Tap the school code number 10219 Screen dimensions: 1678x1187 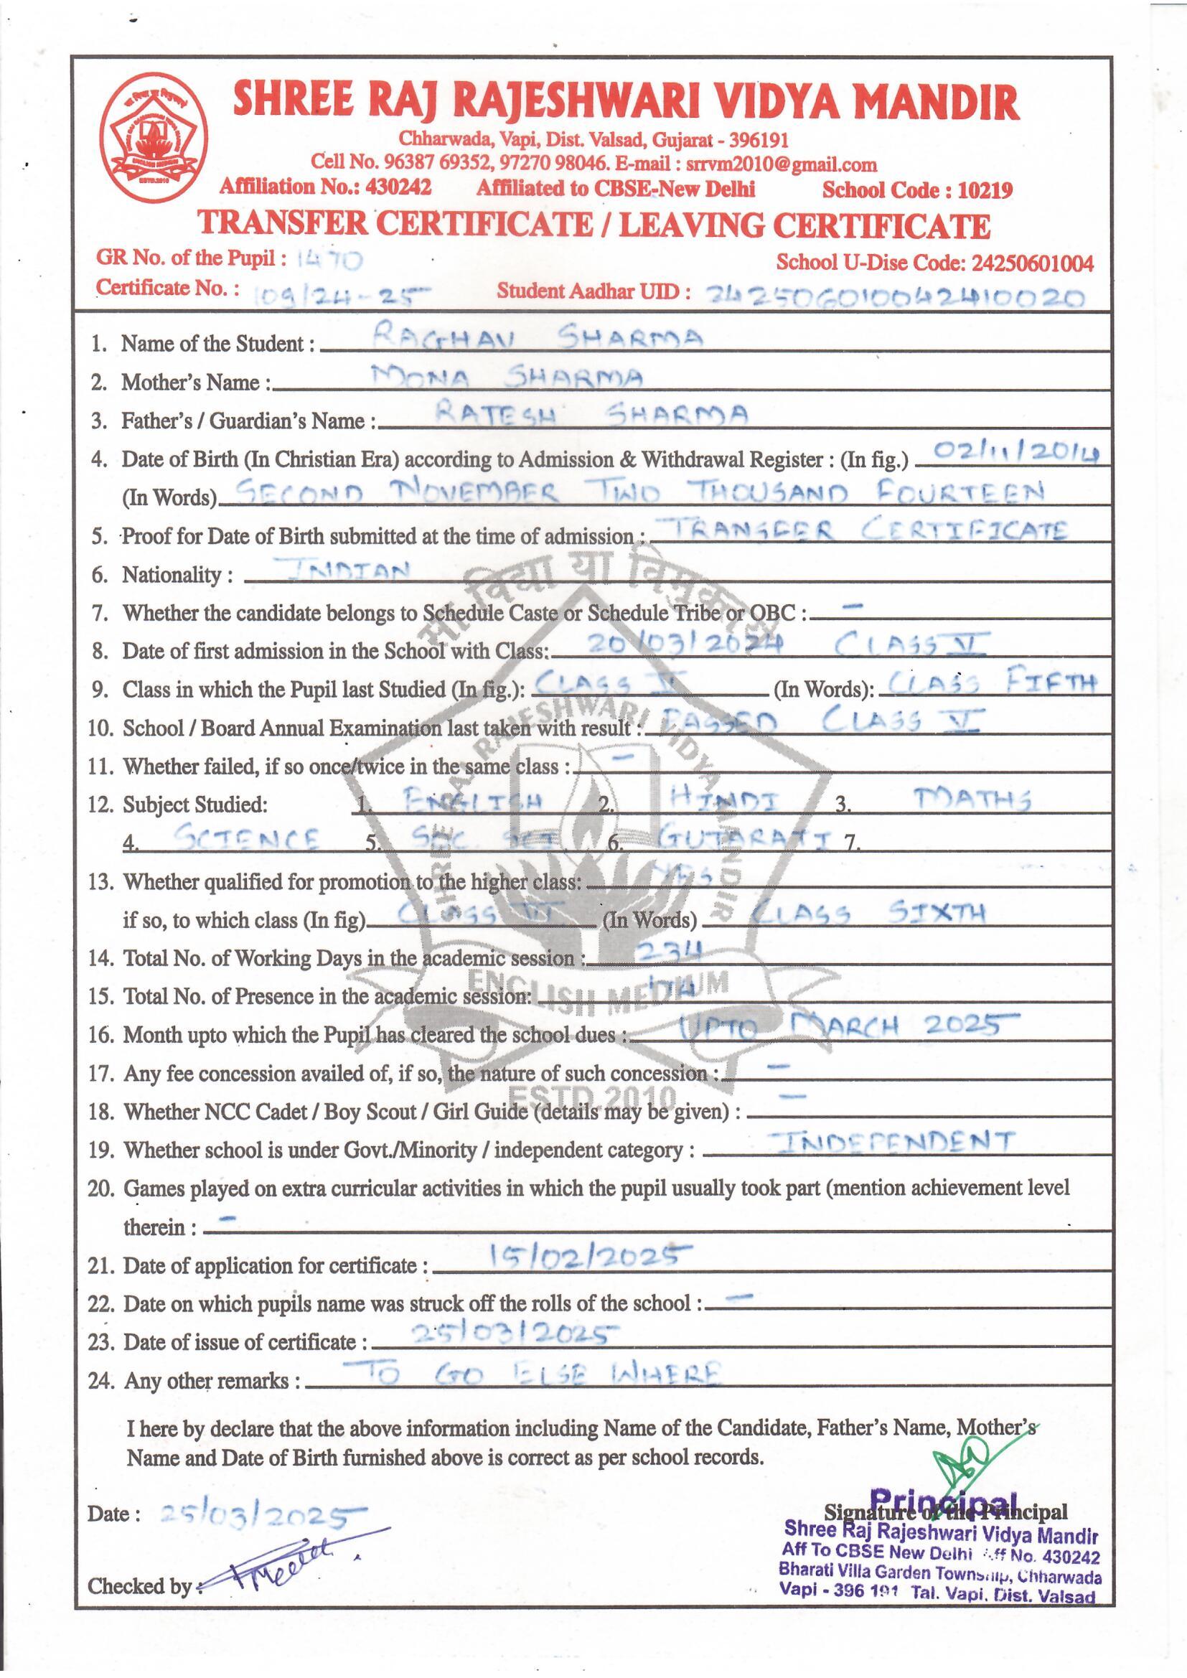pyautogui.click(x=985, y=191)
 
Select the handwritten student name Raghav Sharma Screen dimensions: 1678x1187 pyautogui.click(x=538, y=337)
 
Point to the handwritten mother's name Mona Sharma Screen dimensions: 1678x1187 pyautogui.click(x=507, y=377)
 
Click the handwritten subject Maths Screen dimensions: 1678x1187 pyautogui.click(x=972, y=800)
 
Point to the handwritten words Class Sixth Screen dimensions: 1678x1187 pyautogui.click(x=869, y=913)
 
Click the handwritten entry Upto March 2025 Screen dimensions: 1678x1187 pyautogui.click(x=838, y=1027)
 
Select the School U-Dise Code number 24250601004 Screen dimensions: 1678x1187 pyautogui.click(x=1031, y=263)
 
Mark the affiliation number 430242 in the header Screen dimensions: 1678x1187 pyautogui.click(x=398, y=187)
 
